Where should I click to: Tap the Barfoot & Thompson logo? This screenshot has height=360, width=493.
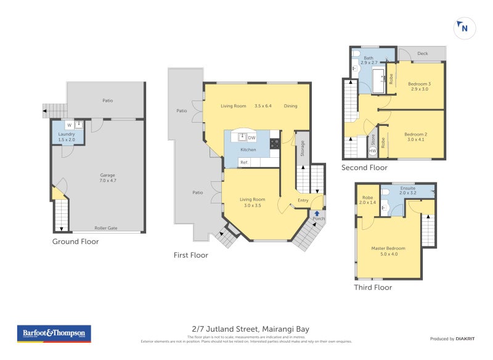pos(54,333)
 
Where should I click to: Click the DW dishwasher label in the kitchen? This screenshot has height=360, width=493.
pos(251,137)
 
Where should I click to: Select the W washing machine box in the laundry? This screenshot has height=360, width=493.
pos(70,125)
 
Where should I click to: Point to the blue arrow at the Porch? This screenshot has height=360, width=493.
pos(317,213)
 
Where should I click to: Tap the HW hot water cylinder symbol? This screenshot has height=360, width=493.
pos(372,150)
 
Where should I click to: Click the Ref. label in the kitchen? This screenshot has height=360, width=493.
pos(244,162)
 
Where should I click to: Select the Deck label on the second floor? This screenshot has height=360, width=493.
pos(422,54)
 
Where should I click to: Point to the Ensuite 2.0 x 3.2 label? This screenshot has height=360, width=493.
pos(407,190)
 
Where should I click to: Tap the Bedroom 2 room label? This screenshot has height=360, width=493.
pos(416,137)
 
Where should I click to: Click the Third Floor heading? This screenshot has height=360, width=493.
pos(373,287)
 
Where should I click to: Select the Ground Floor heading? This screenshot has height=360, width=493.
pos(75,242)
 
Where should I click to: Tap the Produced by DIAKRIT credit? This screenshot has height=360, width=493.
pos(452,338)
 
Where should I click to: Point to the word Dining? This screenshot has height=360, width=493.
pos(290,106)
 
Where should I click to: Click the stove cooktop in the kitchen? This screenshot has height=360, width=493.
pos(274,144)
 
